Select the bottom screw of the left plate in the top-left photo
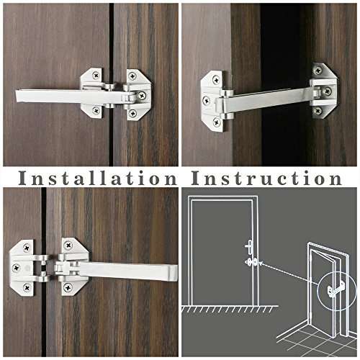point(96,110)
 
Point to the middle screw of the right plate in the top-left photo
point(142,95)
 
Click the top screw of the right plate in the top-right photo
point(317,71)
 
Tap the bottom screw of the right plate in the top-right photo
point(317,110)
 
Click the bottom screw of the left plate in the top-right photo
point(216,122)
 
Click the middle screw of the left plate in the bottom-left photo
point(16,267)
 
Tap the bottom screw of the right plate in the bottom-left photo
point(68,287)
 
